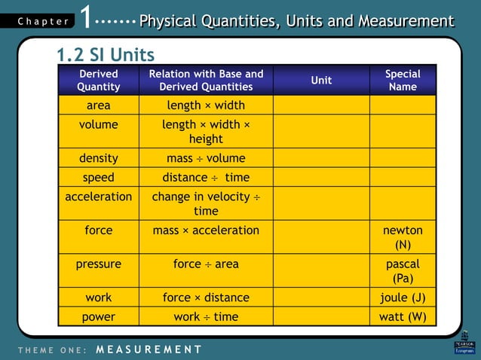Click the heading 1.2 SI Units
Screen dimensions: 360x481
click(106, 55)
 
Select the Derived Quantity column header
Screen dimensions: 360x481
click(98, 80)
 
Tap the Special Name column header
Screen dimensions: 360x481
click(403, 80)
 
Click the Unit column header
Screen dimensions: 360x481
click(321, 80)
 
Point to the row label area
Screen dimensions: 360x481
click(98, 105)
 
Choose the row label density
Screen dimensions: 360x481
click(98, 158)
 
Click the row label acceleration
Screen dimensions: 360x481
click(98, 197)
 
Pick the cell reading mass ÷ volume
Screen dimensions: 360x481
click(206, 158)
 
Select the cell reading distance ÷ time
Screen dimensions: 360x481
click(206, 178)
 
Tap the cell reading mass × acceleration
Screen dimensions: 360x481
click(206, 230)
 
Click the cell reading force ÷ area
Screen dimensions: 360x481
click(206, 264)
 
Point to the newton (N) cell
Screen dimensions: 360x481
click(403, 237)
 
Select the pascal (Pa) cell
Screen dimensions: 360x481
click(403, 271)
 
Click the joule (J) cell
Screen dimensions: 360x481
click(403, 297)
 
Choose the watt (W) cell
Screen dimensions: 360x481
click(403, 317)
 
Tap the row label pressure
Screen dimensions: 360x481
click(98, 264)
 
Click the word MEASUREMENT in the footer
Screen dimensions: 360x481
click(149, 349)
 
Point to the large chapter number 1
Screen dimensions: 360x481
click(87, 19)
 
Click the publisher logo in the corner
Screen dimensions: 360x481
click(464, 343)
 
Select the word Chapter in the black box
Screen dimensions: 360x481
click(43, 22)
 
